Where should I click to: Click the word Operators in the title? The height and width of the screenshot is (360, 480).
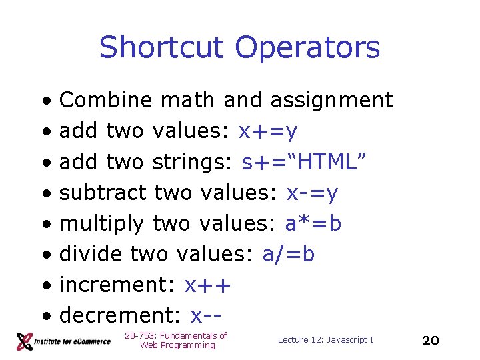[307, 48]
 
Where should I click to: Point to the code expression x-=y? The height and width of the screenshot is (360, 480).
[311, 193]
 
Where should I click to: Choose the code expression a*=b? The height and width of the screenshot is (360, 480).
[313, 224]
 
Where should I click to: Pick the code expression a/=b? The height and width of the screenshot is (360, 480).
[289, 254]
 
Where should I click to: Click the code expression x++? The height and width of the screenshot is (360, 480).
[207, 285]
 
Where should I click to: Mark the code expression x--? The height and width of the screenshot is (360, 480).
[205, 315]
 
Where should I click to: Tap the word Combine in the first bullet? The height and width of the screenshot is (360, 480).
[106, 101]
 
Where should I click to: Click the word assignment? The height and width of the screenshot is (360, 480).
[331, 101]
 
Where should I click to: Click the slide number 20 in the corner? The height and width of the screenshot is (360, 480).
[431, 341]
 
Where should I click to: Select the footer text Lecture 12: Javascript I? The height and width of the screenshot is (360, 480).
[325, 340]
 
